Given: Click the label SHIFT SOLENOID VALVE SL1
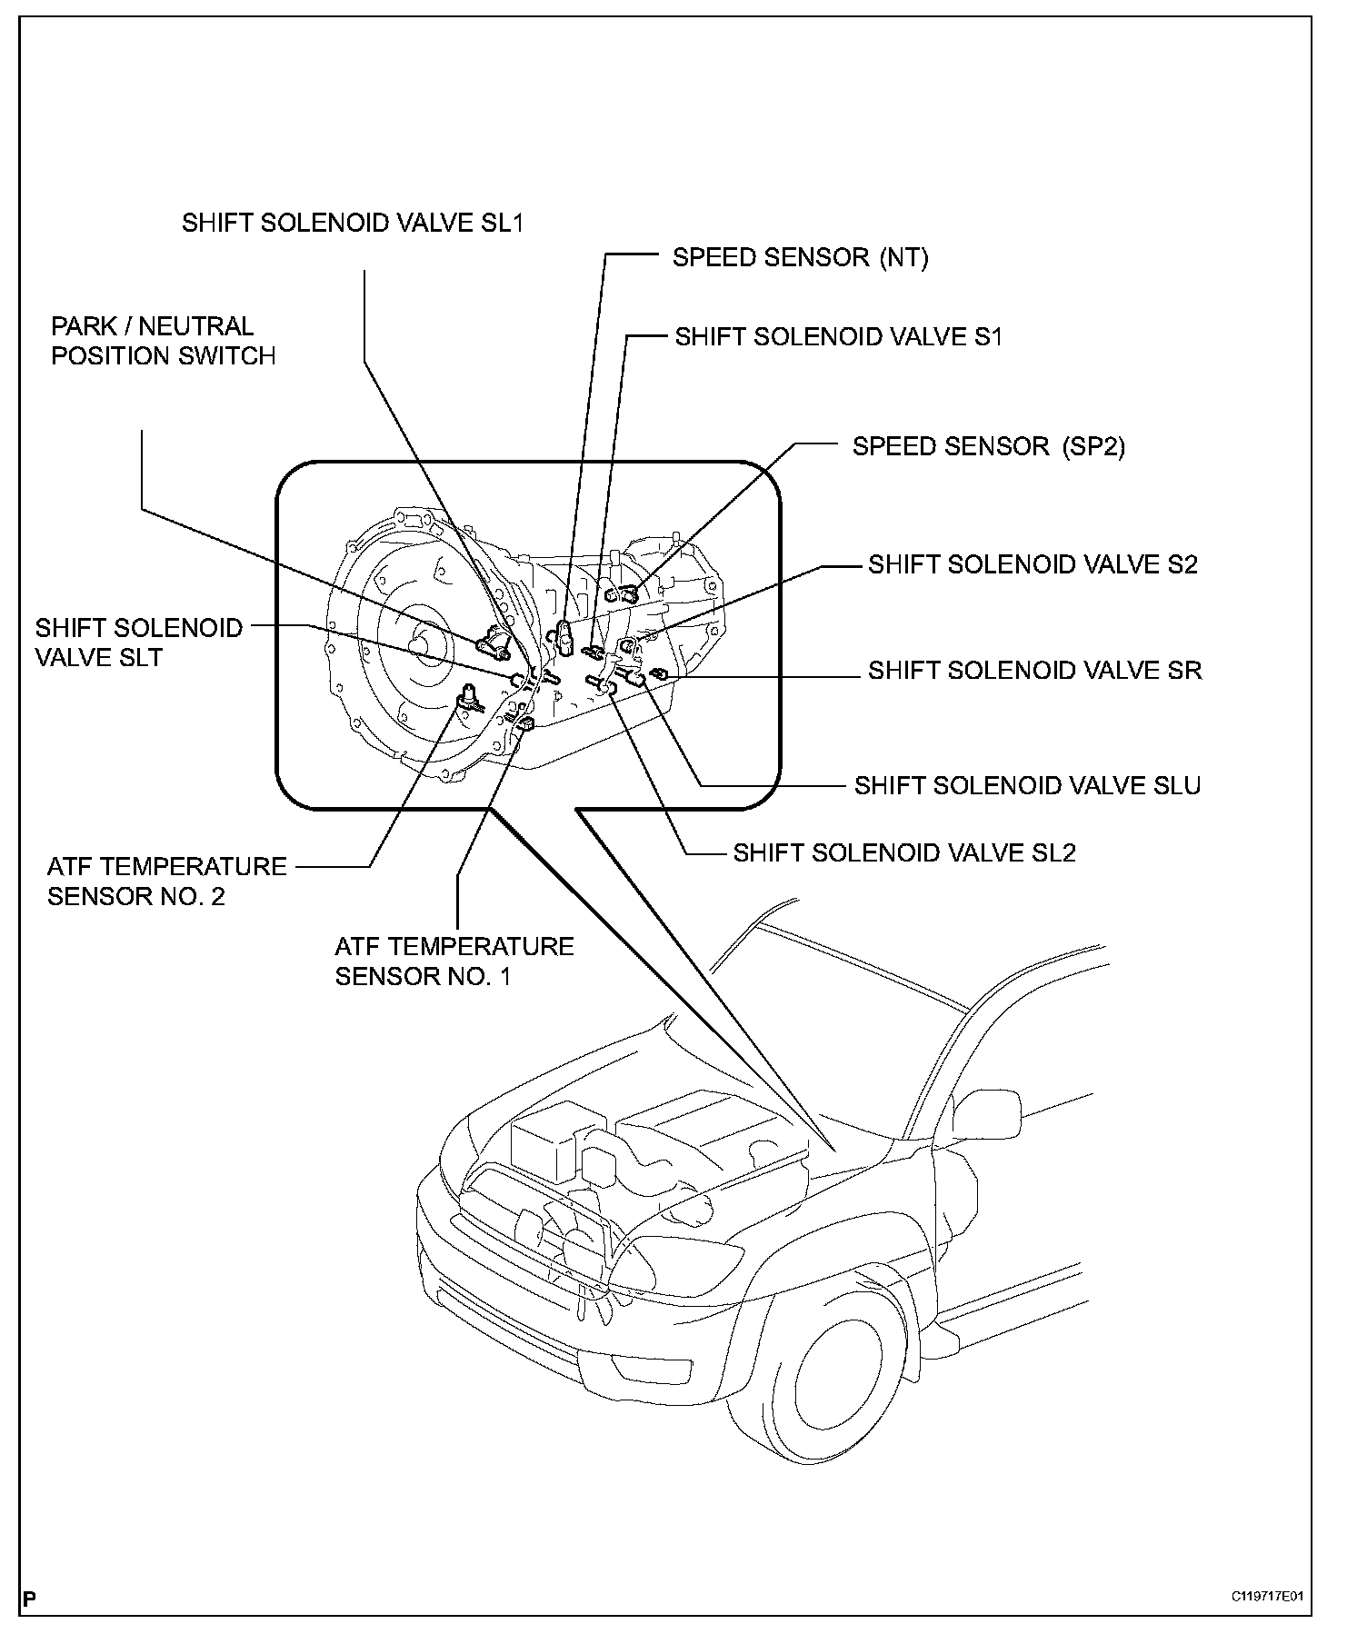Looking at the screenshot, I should pos(353,224).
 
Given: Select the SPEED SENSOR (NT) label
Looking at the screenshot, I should pos(800,258).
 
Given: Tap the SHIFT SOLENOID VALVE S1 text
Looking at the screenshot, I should pos(838,337).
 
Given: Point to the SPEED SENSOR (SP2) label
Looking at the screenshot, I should pos(988,447).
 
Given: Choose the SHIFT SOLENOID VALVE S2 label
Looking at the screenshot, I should pos(1033,564).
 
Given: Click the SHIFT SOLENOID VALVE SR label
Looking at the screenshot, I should pos(1034,671).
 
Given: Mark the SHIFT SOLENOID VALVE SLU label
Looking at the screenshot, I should pos(1027,786).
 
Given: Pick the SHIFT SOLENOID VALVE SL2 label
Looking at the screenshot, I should pos(904,853).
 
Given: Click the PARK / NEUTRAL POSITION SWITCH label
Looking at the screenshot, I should pos(163,341).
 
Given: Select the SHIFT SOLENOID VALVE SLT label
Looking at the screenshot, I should pos(139,643).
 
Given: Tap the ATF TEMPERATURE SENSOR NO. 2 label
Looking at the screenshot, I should pos(166,882).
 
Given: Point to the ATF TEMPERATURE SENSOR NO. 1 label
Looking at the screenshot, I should pos(454,961).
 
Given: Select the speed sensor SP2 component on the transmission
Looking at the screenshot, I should pos(626,594).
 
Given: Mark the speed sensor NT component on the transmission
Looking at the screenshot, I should pos(564,635).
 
